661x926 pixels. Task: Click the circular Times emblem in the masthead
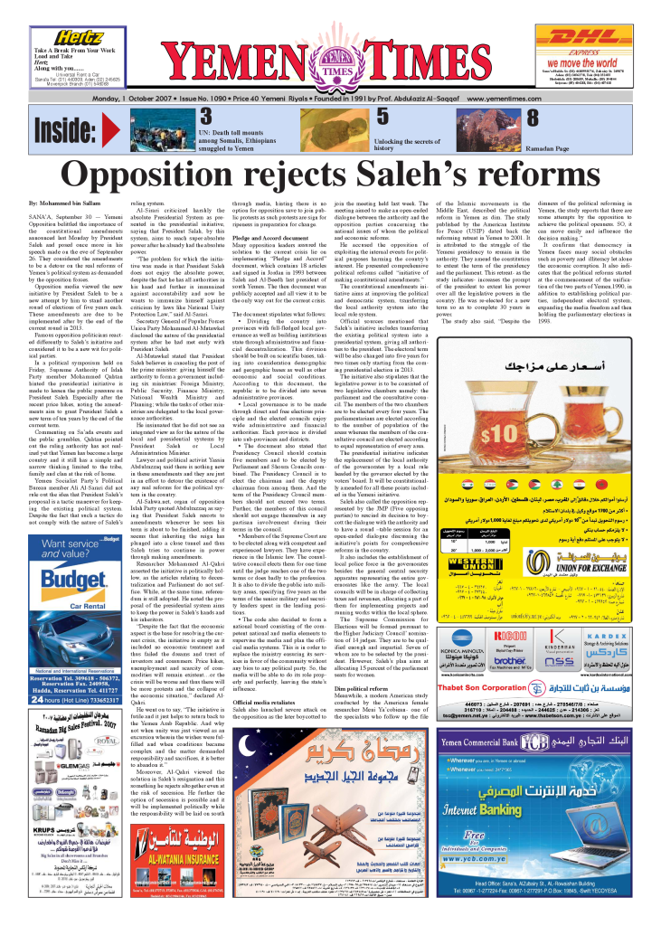pyautogui.click(x=330, y=54)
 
